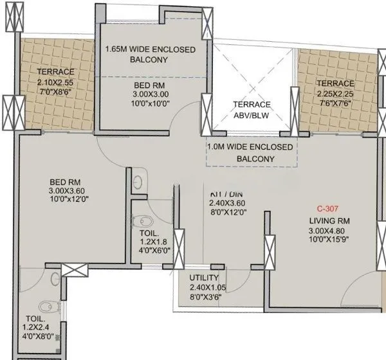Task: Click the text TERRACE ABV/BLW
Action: [252, 110]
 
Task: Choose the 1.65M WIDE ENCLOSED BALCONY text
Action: [150, 54]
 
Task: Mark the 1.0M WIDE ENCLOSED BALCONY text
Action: [250, 153]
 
